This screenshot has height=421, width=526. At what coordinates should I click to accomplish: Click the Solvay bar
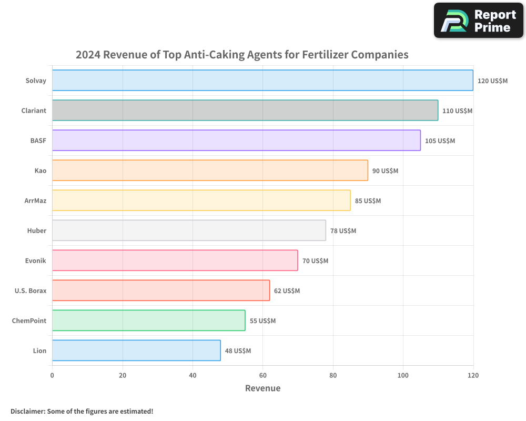pos(262,81)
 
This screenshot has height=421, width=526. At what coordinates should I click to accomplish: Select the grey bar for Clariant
pos(245,111)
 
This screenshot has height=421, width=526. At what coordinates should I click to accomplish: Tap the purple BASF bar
pos(236,141)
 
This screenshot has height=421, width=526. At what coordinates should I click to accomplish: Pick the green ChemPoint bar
pos(148,320)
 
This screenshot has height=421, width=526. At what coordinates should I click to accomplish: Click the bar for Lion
pos(136,350)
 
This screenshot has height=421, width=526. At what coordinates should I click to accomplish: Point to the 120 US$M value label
pos(492,81)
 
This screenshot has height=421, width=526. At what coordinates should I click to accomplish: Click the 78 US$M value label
pos(343,231)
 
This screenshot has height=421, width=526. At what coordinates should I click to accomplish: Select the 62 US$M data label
pos(287,291)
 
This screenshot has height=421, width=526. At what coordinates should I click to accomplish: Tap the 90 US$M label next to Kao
pos(385,171)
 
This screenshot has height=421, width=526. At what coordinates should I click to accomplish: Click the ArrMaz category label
pos(35,201)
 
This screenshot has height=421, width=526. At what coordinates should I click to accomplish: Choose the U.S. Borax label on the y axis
pos(31,290)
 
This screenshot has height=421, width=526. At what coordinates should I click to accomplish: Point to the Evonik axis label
pos(35,260)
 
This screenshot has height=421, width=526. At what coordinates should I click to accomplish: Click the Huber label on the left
pos(37,230)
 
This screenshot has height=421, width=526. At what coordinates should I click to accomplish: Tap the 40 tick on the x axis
pos(193,375)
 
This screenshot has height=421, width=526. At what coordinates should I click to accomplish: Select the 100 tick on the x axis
pos(403,375)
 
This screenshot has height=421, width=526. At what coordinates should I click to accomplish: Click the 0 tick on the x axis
pos(52,375)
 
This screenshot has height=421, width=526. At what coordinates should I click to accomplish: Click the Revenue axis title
pos(262,388)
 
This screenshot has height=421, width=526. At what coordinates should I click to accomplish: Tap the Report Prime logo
pos(479,21)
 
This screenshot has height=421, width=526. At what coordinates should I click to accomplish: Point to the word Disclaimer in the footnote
pos(27,411)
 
